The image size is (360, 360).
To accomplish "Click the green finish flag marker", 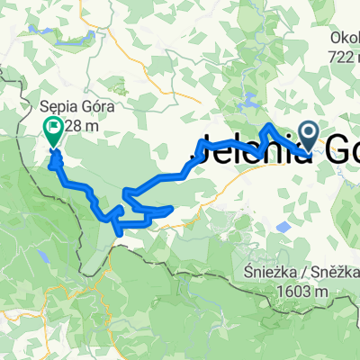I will pos(53,133).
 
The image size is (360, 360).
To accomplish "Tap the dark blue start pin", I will pos(309,137).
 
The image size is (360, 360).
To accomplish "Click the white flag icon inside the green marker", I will pos(53,130).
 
